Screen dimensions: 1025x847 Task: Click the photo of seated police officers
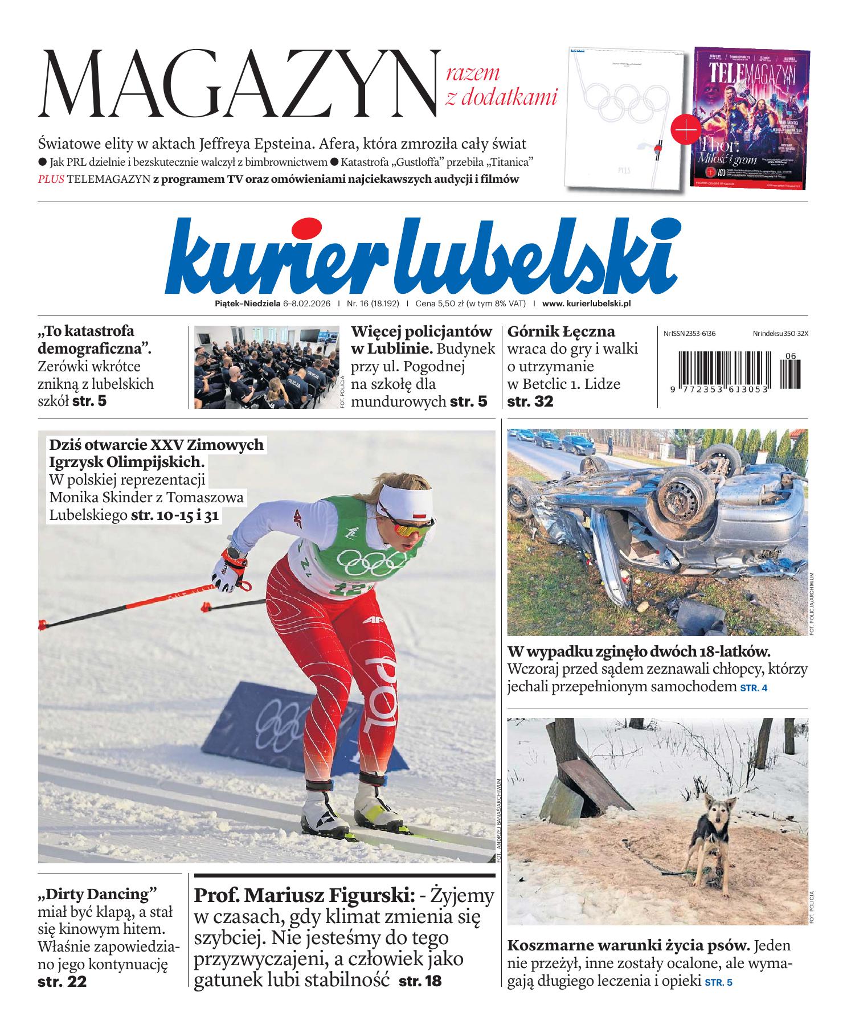tap(267, 367)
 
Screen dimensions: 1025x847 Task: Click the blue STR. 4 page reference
tap(753, 688)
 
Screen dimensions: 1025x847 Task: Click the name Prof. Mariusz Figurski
tap(304, 895)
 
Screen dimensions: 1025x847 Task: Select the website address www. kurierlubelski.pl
tap(587, 304)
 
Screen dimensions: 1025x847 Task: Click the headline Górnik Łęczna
tap(560, 331)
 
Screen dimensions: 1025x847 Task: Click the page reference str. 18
tap(420, 981)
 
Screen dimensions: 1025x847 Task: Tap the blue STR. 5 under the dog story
tap(718, 982)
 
